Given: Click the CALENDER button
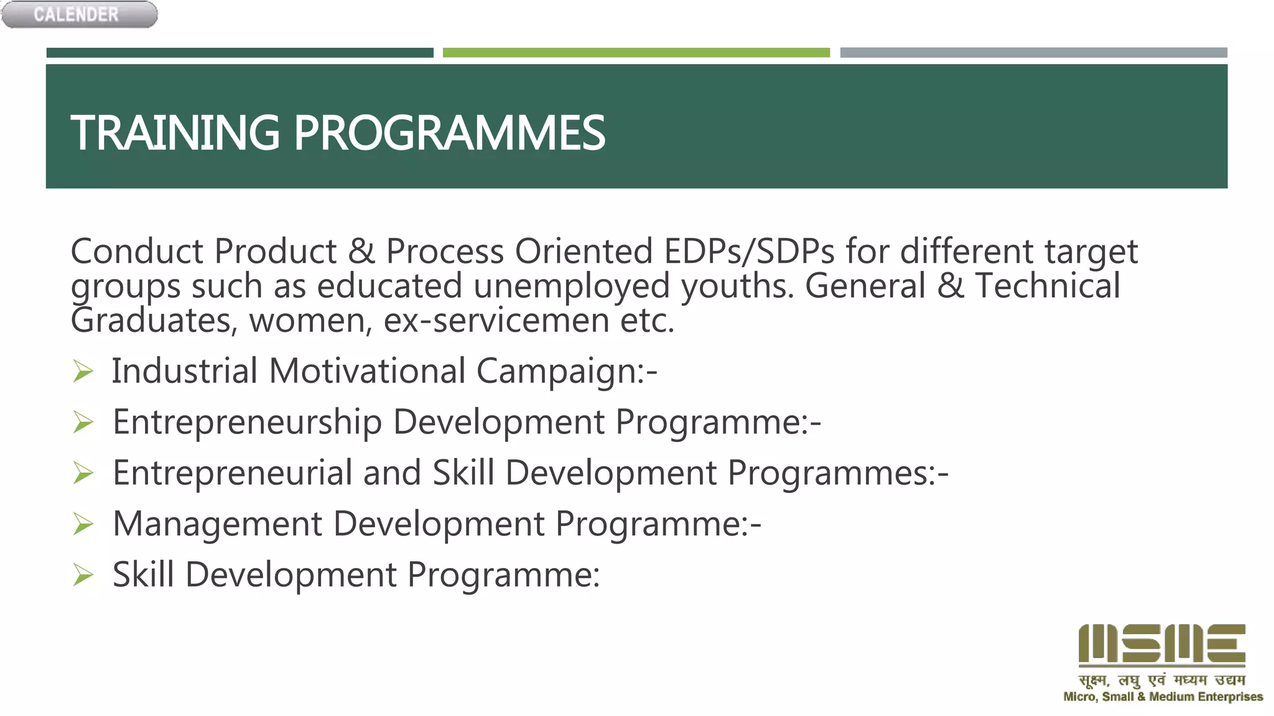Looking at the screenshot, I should [x=79, y=14].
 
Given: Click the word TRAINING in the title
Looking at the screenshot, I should [x=175, y=133].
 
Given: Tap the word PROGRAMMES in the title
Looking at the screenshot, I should [x=449, y=133].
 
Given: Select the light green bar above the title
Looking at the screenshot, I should [x=636, y=53].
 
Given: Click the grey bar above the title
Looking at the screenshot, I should [x=1033, y=53].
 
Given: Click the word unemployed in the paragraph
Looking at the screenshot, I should [x=571, y=287].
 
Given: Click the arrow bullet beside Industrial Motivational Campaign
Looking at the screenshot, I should [x=83, y=372].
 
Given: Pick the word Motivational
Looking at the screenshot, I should [x=367, y=371].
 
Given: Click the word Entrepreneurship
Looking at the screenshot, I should [x=247, y=423].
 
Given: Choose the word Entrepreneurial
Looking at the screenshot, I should [x=233, y=473].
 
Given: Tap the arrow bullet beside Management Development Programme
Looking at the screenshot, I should [x=83, y=524].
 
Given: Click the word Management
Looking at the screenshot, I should [x=218, y=524].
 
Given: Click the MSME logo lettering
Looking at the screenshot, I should [x=1161, y=645].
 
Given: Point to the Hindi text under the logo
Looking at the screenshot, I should [x=1161, y=680].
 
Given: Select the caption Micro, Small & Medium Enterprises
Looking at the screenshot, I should [x=1163, y=697].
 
